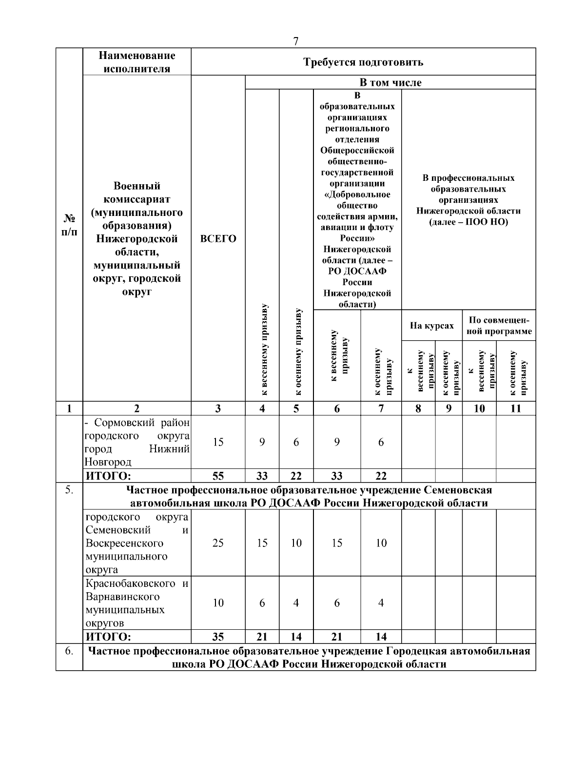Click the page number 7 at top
pyautogui.click(x=296, y=41)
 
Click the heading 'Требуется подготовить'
pyautogui.click(x=363, y=62)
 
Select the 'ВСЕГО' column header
pyautogui.click(x=218, y=239)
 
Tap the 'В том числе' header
pyautogui.click(x=390, y=82)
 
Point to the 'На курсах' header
pyautogui.click(x=431, y=326)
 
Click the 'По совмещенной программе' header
pyautogui.click(x=499, y=326)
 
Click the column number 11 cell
pyautogui.click(x=516, y=408)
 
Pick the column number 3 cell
pyautogui.click(x=218, y=408)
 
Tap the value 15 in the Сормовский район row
pyautogui.click(x=218, y=442)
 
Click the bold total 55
pyautogui.click(x=218, y=476)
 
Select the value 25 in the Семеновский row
pyautogui.click(x=218, y=543)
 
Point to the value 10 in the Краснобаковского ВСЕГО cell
pyautogui.click(x=218, y=603)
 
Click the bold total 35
pyautogui.click(x=218, y=636)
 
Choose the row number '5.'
pyautogui.click(x=69, y=490)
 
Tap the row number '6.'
pyautogui.click(x=69, y=651)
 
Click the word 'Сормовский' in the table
pyautogui.click(x=122, y=422)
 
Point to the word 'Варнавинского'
pyautogui.click(x=122, y=597)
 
